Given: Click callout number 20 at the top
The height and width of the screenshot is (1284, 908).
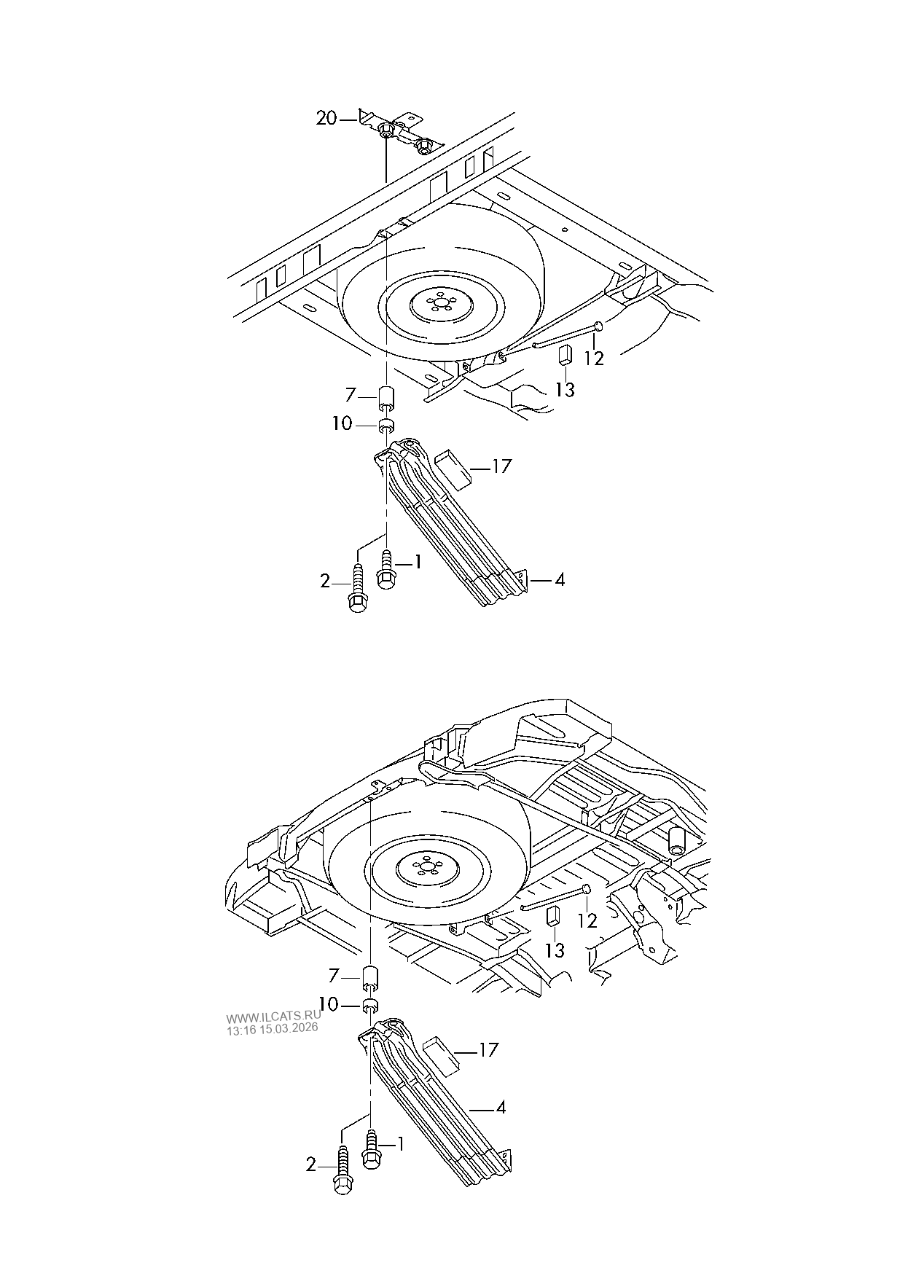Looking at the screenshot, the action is (x=326, y=117).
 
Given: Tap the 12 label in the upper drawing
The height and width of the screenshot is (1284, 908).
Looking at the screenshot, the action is (x=595, y=359).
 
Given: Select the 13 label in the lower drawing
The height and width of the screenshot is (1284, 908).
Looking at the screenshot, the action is (x=555, y=950).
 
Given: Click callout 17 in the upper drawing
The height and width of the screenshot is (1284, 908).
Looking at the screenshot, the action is (x=502, y=466).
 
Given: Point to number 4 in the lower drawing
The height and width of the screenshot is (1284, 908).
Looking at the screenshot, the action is (x=501, y=1108).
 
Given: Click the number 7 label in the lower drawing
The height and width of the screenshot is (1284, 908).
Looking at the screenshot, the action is (x=334, y=974).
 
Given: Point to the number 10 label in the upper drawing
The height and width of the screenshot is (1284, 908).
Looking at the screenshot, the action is (x=342, y=423).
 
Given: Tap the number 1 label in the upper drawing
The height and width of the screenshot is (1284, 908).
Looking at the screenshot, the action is (x=418, y=562).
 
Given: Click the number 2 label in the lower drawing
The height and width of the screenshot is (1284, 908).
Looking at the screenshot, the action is (x=311, y=1165).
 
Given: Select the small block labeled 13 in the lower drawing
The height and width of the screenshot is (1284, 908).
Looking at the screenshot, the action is (x=552, y=915).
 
